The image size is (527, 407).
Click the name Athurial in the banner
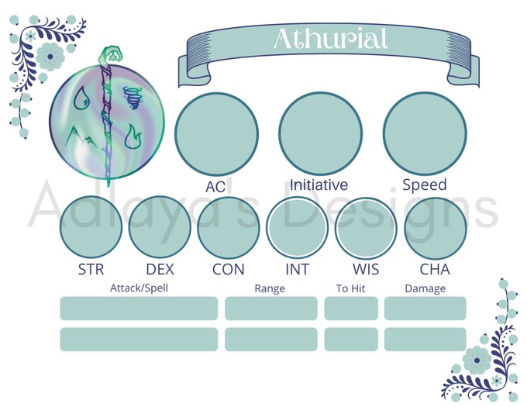tap(331, 38)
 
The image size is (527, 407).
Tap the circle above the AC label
tap(216, 134)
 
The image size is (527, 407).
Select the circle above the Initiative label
tap(320, 133)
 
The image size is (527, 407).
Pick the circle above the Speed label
tap(425, 133)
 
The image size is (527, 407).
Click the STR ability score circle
tap(91, 227)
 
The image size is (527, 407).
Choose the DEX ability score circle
tap(160, 227)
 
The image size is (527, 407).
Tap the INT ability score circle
tap(298, 227)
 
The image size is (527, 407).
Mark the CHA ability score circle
tap(436, 227)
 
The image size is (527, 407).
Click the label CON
tap(228, 270)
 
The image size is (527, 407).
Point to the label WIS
tap(366, 270)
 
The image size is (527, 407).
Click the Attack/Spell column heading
tap(139, 288)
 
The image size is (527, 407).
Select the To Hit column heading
tap(350, 288)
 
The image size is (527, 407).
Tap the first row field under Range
tap(271, 309)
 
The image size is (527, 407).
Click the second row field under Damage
tap(425, 340)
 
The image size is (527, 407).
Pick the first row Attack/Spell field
tap(139, 309)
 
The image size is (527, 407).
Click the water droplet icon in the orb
tap(81, 98)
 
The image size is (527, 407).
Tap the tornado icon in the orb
tap(133, 98)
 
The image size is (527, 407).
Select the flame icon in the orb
tap(133, 136)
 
